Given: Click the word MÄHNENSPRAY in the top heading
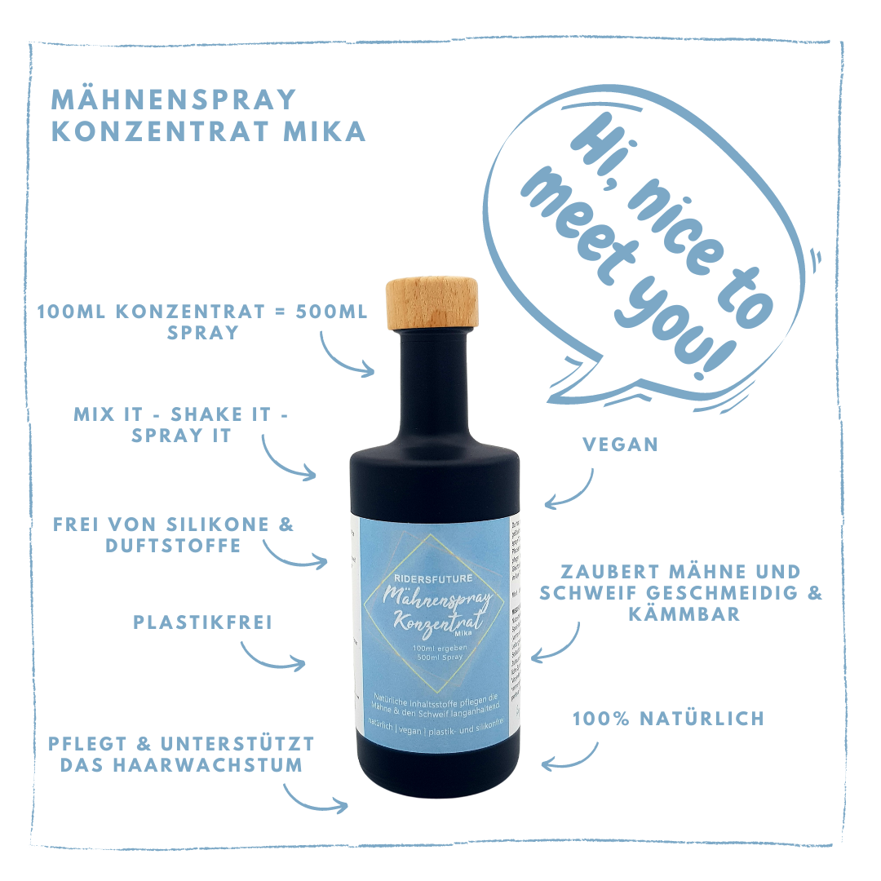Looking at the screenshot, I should click(x=174, y=99).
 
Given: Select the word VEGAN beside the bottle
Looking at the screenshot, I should click(x=620, y=445).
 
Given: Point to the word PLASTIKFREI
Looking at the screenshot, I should click(x=203, y=622).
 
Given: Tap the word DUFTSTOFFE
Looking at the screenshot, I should click(x=173, y=545).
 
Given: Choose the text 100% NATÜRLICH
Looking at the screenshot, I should click(x=668, y=719).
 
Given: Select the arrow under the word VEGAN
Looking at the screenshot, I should click(x=571, y=489).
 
